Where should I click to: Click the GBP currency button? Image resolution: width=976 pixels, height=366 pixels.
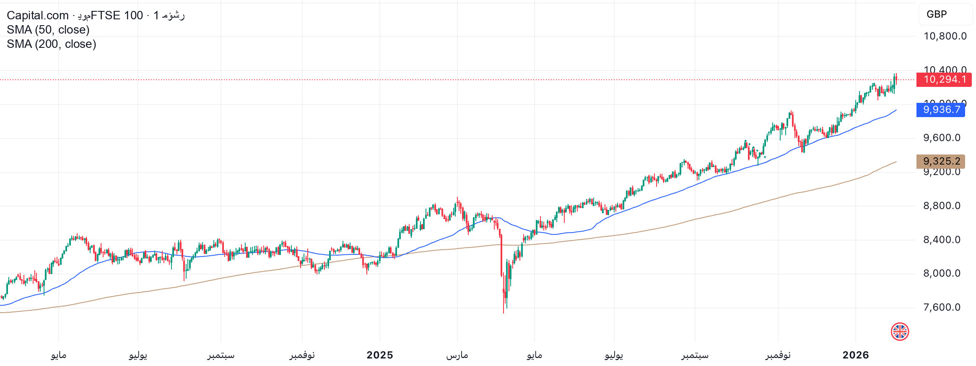coord(945,14)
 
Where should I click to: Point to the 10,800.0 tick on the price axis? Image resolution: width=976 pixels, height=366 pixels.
coord(945,36)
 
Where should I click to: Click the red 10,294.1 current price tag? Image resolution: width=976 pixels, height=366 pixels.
coord(944,79)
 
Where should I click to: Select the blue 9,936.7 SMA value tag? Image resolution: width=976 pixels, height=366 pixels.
coord(941,110)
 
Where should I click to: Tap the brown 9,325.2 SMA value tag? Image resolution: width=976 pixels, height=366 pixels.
coord(941,161)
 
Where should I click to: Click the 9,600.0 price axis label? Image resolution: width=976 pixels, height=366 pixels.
coord(942,138)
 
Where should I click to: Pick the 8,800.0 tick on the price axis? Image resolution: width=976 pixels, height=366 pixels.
coord(942,206)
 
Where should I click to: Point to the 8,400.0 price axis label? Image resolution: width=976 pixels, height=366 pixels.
coord(942,240)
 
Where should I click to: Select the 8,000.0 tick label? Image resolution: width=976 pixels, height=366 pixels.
coord(942,273)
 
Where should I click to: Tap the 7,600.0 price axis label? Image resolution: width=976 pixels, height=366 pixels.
coord(942,307)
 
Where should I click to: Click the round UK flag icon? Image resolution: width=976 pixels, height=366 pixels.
coord(900,332)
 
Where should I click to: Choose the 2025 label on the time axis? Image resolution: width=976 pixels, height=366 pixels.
coord(380,355)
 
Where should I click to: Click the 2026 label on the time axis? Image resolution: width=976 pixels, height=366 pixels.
coord(856,355)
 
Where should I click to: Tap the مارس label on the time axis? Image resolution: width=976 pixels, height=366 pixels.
coord(457,355)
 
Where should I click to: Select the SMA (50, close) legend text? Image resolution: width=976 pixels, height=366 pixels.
coord(48,30)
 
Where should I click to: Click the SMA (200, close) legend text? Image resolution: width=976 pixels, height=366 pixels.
coord(52,44)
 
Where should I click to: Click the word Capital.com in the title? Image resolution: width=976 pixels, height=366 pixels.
coord(38,16)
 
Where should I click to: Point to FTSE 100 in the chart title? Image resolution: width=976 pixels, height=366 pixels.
coord(117,16)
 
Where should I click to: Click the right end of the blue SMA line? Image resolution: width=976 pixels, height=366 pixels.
coord(896,110)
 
